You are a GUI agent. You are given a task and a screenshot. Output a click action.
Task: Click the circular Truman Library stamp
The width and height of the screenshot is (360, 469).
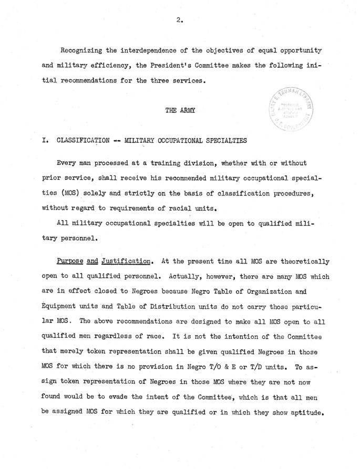point(291,111)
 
